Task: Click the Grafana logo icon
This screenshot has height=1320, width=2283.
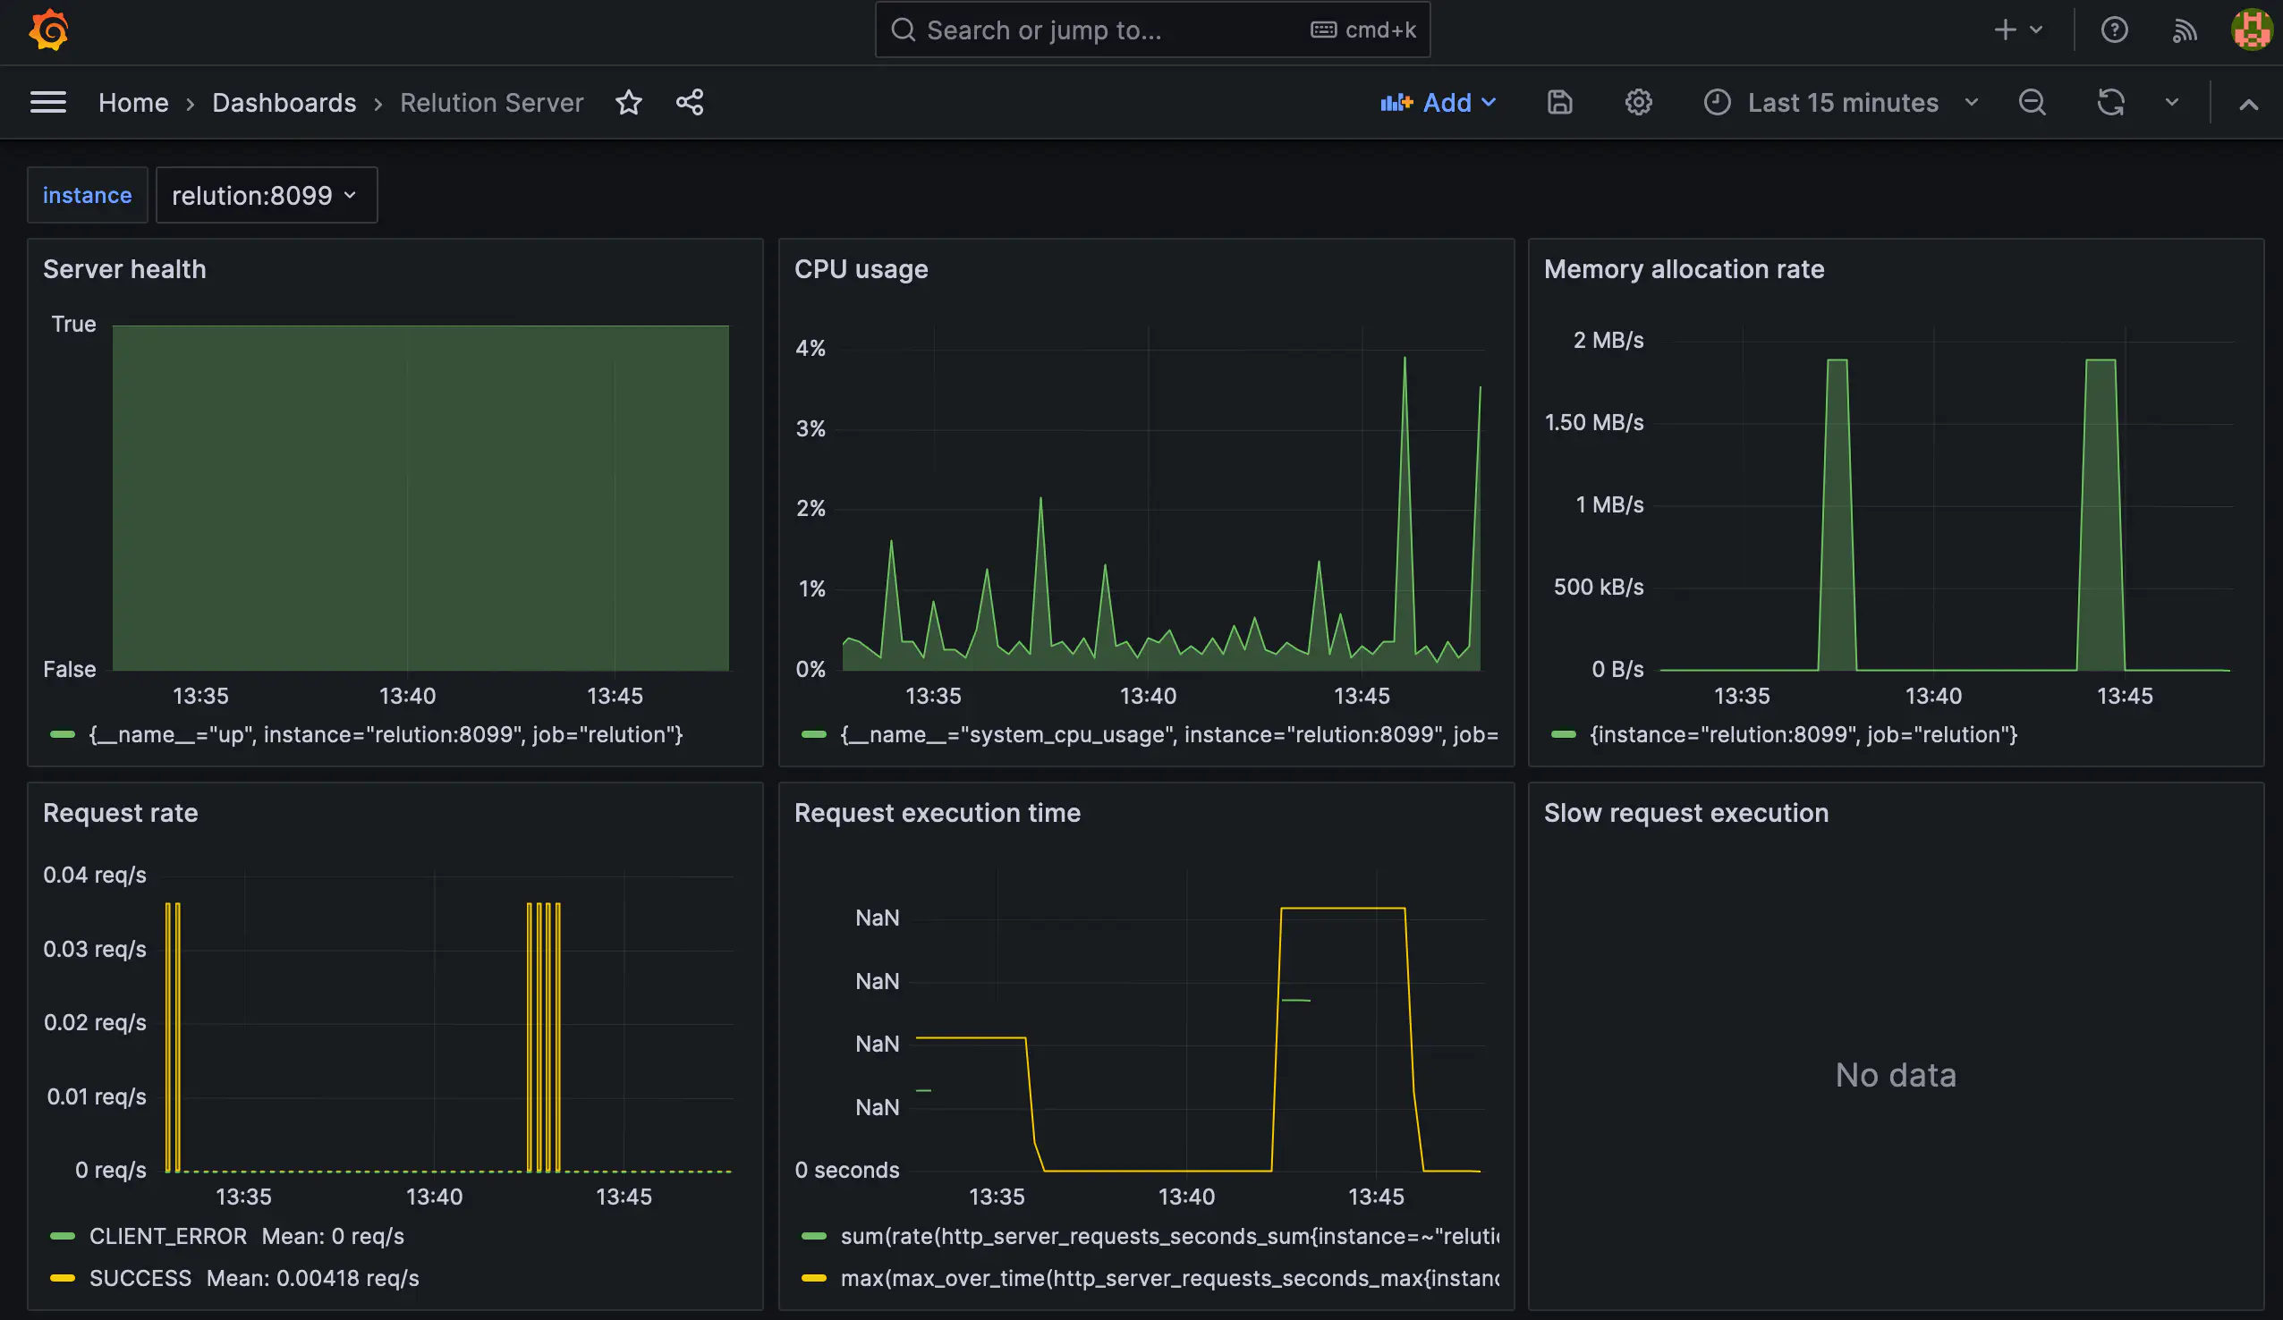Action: click(x=49, y=30)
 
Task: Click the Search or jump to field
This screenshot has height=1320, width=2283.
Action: click(x=1096, y=30)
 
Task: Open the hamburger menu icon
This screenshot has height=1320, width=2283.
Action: click(x=48, y=102)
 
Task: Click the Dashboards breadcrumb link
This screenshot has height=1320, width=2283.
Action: click(x=284, y=102)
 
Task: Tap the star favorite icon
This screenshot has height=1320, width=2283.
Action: click(x=629, y=102)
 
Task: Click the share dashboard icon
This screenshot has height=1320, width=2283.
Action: click(x=690, y=102)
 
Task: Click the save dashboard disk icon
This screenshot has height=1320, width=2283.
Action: click(x=1559, y=102)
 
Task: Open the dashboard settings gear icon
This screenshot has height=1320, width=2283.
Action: click(x=1638, y=102)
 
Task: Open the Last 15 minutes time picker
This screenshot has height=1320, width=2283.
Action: click(x=1842, y=102)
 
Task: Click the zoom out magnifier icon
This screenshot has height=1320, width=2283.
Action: click(x=2032, y=102)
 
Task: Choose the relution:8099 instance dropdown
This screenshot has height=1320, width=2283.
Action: click(x=266, y=195)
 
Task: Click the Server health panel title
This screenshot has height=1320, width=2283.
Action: click(x=124, y=269)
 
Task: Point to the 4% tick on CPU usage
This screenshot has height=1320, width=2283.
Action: click(x=811, y=349)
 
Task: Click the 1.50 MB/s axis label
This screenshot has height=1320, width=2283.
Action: click(x=1593, y=422)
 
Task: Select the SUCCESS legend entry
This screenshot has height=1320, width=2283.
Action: click(x=140, y=1278)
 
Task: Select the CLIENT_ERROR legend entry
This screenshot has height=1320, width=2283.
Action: click(x=167, y=1237)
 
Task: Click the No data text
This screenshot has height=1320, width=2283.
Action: click(x=1896, y=1075)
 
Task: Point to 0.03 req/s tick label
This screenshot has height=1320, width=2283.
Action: click(x=94, y=950)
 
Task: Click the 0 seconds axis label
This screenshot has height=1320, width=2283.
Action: click(x=847, y=1170)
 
